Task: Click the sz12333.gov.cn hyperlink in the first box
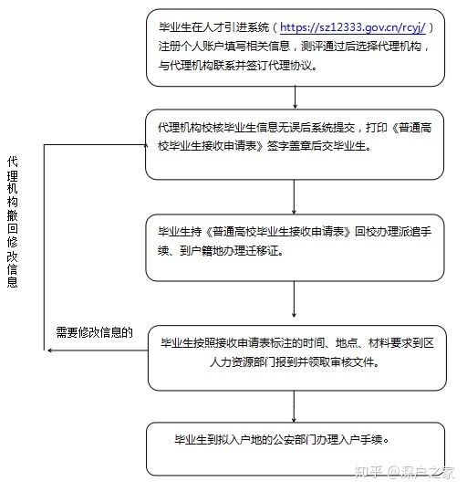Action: click(352, 27)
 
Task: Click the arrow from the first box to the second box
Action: click(295, 98)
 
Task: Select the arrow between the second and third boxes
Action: click(294, 197)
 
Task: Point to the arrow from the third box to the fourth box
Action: click(294, 299)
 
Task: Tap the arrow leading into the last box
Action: click(294, 406)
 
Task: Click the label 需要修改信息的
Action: click(95, 332)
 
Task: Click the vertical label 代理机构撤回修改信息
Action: click(12, 222)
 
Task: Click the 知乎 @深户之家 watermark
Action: click(404, 472)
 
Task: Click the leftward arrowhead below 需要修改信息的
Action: click(50, 351)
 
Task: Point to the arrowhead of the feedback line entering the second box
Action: click(146, 145)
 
